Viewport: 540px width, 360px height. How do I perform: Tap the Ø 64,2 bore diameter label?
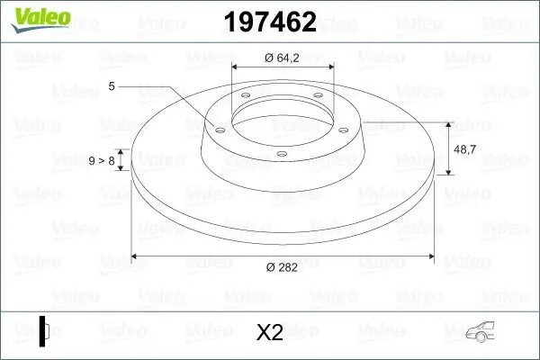[x=282, y=58]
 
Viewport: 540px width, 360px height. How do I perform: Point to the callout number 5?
[x=112, y=86]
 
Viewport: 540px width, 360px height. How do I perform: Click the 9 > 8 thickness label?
[x=102, y=161]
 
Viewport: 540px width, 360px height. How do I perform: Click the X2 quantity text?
[x=269, y=333]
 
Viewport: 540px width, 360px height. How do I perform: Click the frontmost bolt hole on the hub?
[x=282, y=154]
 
